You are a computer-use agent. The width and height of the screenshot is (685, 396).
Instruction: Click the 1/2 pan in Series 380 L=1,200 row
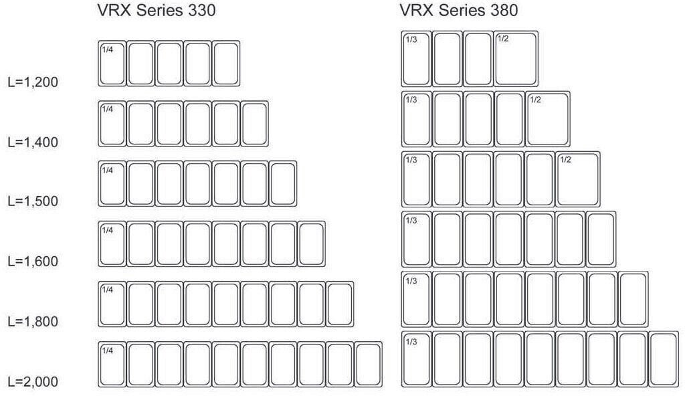(x=516, y=58)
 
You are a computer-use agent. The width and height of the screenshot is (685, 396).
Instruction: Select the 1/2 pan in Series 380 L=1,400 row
(x=548, y=119)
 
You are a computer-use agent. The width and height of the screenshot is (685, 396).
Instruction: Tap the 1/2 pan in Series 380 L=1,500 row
(x=578, y=179)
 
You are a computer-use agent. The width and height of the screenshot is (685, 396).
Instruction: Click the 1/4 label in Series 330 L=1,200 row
(x=107, y=49)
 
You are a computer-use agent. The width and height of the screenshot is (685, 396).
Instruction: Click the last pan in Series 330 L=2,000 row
(x=368, y=365)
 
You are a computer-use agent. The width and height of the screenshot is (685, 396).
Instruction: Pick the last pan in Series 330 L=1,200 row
(x=226, y=64)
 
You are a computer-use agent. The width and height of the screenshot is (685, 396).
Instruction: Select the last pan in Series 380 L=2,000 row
(x=663, y=359)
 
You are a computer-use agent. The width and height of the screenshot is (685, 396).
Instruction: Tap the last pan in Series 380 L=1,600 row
(x=600, y=239)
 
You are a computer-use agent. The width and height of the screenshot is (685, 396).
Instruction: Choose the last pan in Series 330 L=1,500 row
(x=283, y=184)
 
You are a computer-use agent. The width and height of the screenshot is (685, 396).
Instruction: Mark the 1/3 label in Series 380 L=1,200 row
(x=411, y=39)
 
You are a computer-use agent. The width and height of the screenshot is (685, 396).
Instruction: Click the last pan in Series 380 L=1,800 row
(x=632, y=298)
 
